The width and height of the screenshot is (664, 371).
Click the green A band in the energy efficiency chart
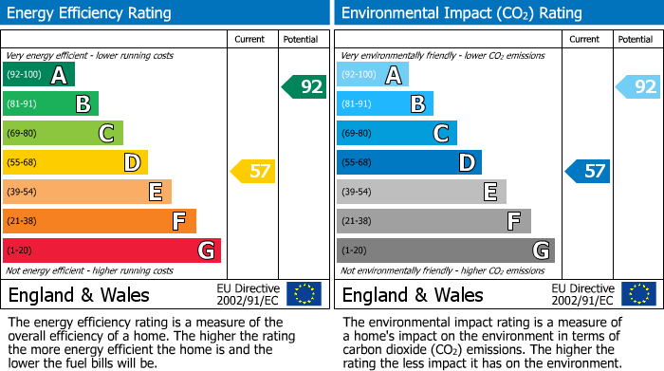[x=38, y=75]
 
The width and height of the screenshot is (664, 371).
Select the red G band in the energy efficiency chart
[x=111, y=250]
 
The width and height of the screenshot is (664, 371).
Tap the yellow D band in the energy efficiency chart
[x=74, y=163]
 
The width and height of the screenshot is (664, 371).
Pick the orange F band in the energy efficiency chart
[x=99, y=221]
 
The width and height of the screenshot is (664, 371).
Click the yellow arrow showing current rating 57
[x=253, y=172]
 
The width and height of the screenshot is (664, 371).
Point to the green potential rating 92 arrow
[x=304, y=86]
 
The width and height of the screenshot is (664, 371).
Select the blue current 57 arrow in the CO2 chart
[x=588, y=172]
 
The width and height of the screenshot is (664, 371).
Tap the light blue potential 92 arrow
[x=637, y=86]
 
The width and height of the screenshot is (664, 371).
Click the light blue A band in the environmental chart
[x=372, y=75]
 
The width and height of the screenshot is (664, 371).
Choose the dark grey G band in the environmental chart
[x=445, y=250]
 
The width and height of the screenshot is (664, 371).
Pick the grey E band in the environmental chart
[x=420, y=192]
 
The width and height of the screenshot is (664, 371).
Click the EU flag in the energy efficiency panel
[x=304, y=294]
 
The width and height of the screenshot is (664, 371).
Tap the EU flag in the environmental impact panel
[x=637, y=294]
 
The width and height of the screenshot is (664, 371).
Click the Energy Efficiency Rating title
[x=90, y=13]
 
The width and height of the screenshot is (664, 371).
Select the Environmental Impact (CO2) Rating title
[x=461, y=13]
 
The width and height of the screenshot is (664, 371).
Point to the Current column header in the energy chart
[x=250, y=39]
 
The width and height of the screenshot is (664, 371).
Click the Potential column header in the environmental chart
[x=635, y=39]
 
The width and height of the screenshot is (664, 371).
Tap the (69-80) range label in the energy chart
[x=23, y=134]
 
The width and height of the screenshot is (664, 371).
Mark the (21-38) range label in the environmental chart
[x=357, y=221]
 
